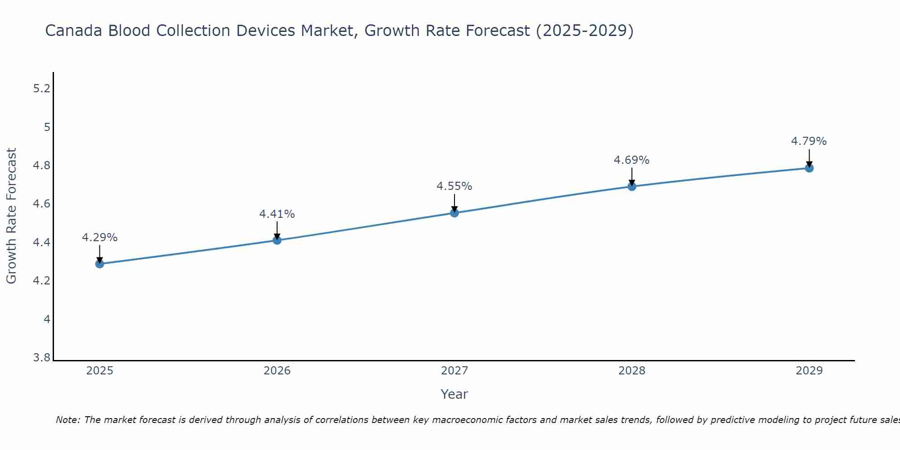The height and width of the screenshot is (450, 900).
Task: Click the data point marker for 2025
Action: tap(99, 264)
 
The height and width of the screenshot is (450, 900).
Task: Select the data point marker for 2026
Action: tap(277, 240)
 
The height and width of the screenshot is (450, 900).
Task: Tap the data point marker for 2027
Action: tap(454, 213)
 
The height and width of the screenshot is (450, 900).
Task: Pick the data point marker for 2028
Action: tap(632, 186)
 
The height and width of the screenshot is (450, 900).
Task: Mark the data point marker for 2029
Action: tap(809, 168)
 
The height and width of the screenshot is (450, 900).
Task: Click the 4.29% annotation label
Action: tap(99, 237)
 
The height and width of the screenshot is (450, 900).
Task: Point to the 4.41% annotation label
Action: tap(277, 214)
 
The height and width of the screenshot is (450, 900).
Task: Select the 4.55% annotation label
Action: tap(454, 186)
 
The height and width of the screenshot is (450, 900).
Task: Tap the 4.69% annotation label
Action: tap(632, 160)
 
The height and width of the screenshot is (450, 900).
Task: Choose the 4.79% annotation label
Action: tap(809, 141)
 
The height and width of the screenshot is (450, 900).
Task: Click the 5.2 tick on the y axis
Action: tap(42, 89)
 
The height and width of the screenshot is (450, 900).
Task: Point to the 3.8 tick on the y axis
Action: tap(42, 358)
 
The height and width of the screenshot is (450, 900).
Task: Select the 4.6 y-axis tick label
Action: tap(42, 204)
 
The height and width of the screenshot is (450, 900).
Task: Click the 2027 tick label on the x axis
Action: tap(454, 371)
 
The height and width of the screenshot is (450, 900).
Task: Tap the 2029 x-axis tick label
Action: tap(809, 371)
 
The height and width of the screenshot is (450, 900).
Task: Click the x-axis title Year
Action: tap(454, 394)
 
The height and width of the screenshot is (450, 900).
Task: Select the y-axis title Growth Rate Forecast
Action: tap(11, 216)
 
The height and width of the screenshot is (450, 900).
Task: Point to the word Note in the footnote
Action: tap(67, 420)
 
